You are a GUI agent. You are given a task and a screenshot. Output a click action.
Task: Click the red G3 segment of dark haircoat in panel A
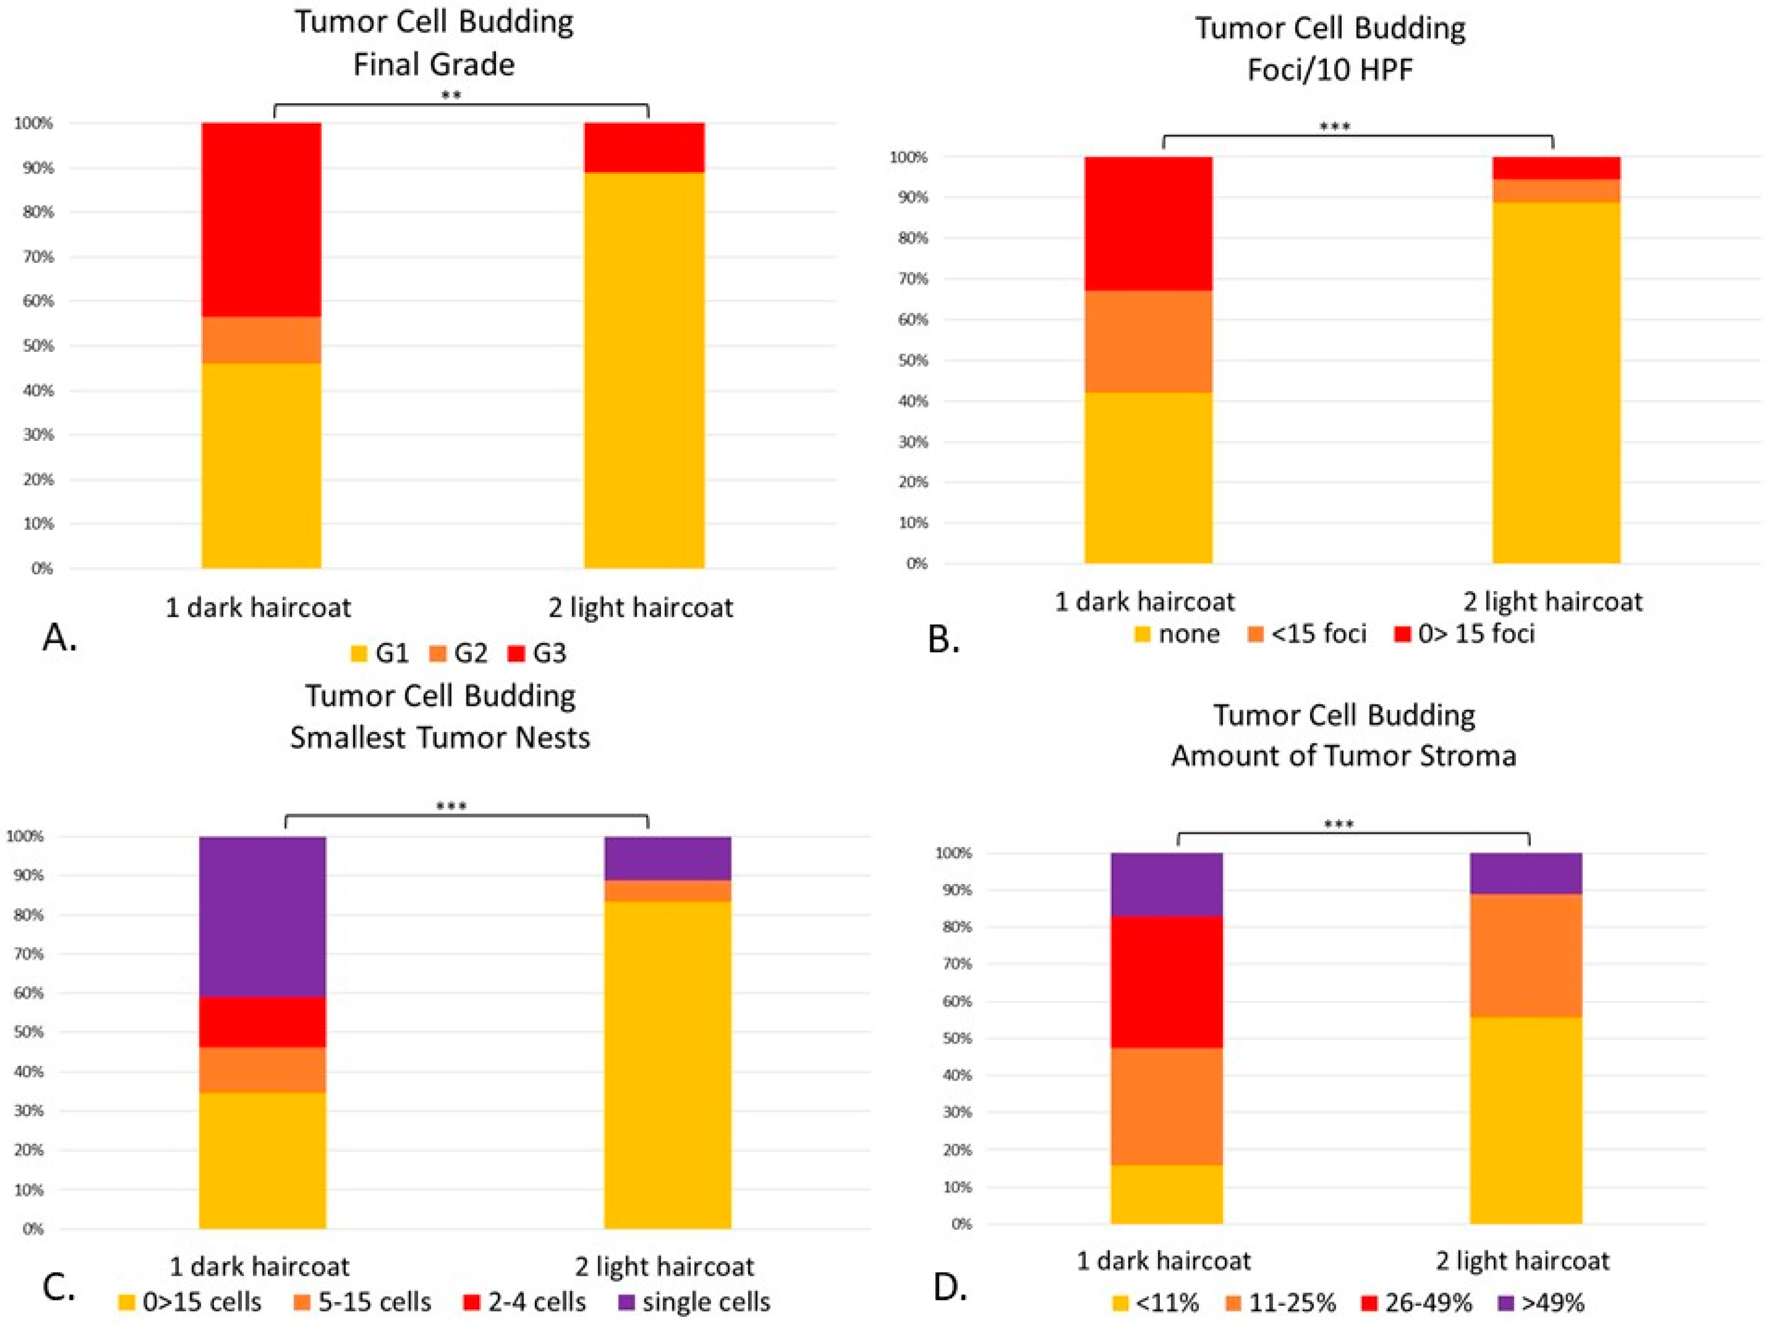pyautogui.click(x=261, y=220)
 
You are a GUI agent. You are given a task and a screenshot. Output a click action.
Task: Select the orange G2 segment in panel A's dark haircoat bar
pyautogui.click(x=261, y=340)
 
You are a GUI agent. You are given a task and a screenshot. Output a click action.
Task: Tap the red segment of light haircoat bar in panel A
pyautogui.click(x=644, y=147)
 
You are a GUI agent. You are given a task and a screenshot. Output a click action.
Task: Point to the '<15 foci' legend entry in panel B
pyautogui.click(x=1307, y=633)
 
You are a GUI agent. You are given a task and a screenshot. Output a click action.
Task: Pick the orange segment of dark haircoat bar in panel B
pyautogui.click(x=1148, y=341)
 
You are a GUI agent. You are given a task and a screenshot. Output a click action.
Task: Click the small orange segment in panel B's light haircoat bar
pyautogui.click(x=1556, y=191)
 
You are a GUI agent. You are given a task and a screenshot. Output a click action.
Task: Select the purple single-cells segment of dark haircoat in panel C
pyautogui.click(x=263, y=917)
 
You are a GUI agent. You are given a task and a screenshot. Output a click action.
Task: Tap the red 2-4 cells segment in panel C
pyautogui.click(x=263, y=1022)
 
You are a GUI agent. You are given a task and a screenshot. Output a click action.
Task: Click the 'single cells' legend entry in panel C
pyautogui.click(x=695, y=1302)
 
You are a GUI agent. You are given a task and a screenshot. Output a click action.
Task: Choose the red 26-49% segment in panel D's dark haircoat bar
pyautogui.click(x=1166, y=982)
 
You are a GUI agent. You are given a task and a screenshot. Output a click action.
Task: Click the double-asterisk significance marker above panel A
pyautogui.click(x=452, y=96)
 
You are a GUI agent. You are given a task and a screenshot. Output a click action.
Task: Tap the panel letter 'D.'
pyautogui.click(x=951, y=1288)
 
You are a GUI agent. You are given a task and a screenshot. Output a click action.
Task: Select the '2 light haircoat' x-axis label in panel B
pyautogui.click(x=1552, y=601)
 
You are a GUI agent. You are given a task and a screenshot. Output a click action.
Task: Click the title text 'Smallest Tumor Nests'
pyautogui.click(x=440, y=737)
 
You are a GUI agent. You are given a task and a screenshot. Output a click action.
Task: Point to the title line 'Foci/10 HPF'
pyautogui.click(x=1330, y=69)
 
